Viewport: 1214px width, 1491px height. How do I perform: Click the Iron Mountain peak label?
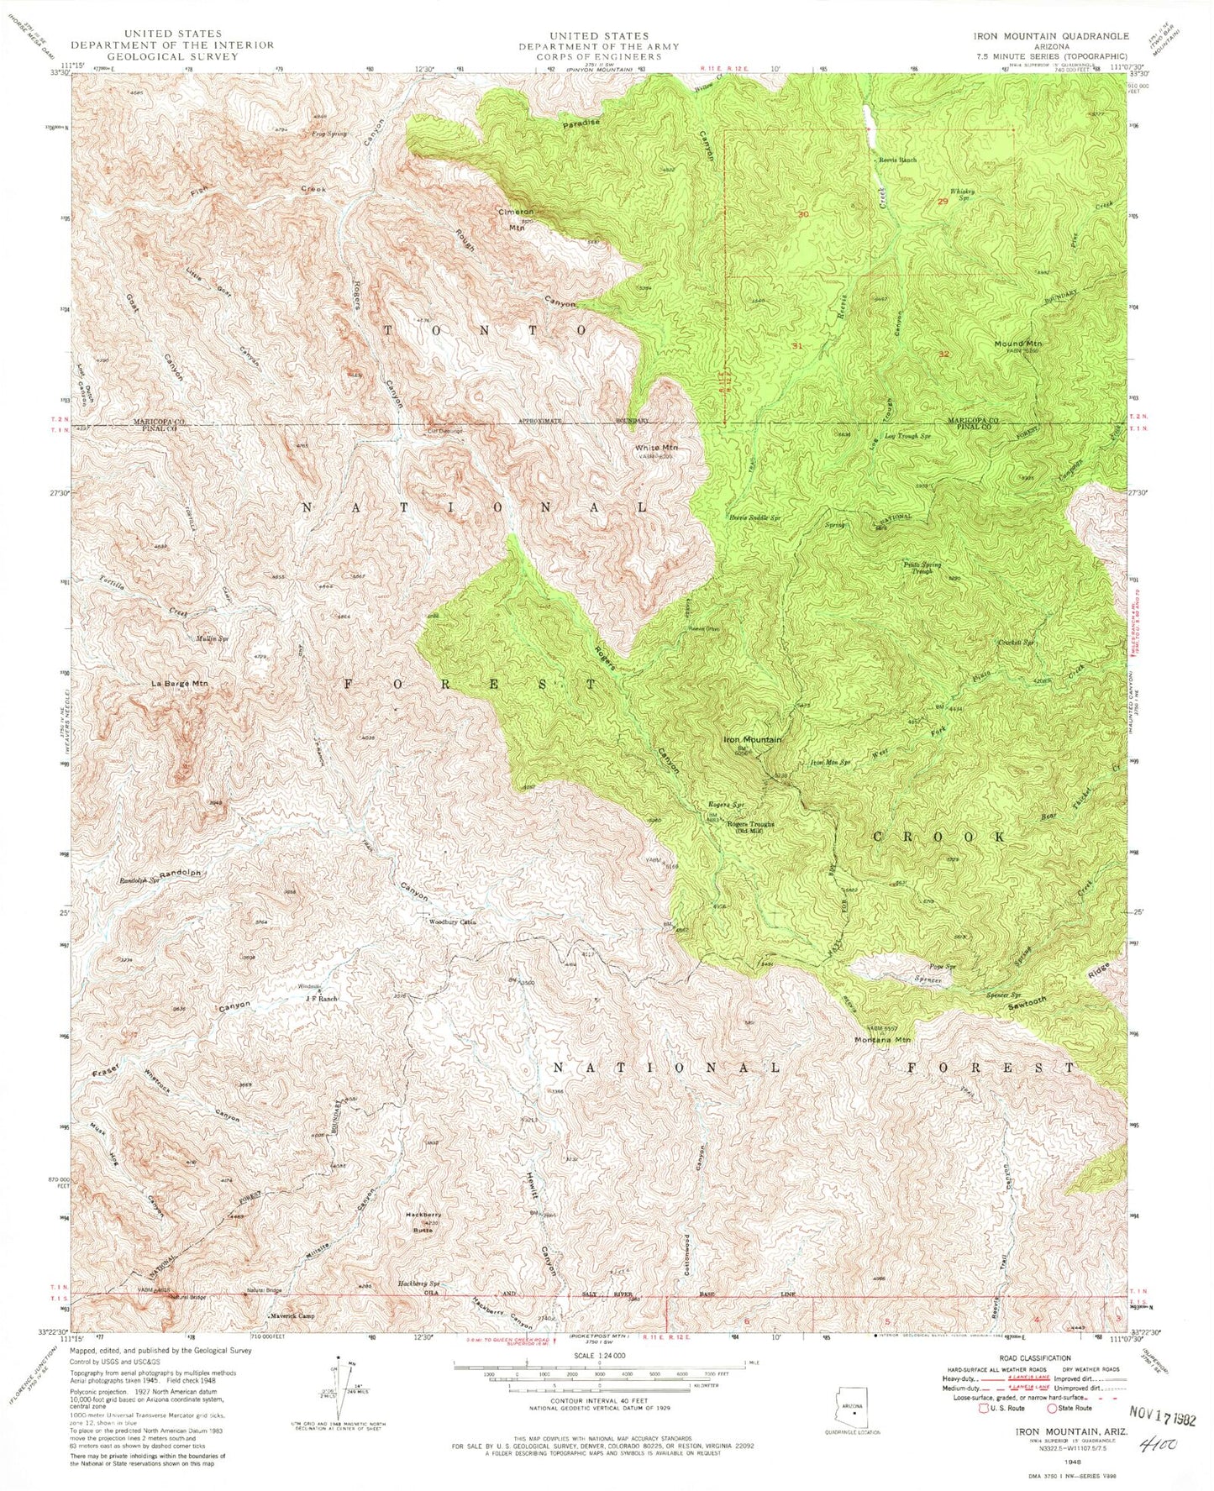[x=753, y=740]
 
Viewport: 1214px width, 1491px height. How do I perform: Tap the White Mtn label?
[x=658, y=448]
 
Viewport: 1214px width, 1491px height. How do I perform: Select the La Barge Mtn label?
[x=179, y=684]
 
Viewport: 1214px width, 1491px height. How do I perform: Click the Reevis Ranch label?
[x=897, y=159]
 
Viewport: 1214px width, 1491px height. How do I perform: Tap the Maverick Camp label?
[x=292, y=1315]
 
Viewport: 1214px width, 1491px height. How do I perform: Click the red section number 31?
[x=797, y=345]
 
